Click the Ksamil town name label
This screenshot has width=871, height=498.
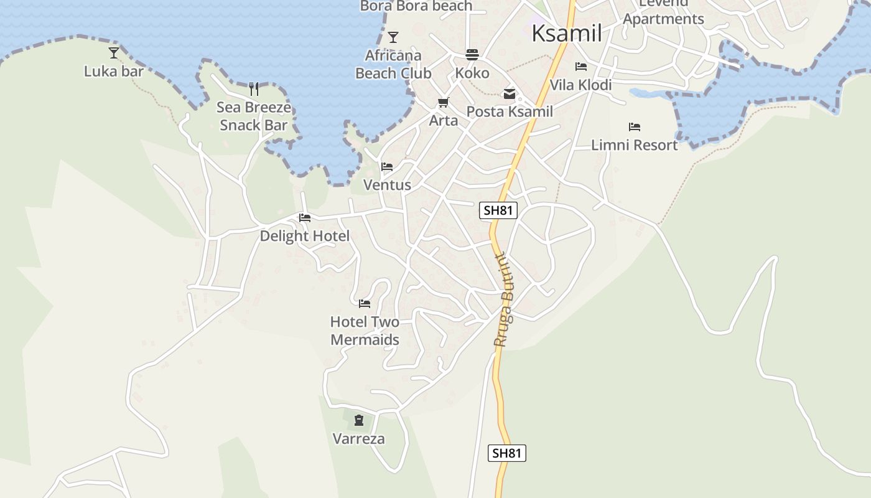pos(566,34)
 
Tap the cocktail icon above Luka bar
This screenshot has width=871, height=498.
pos(114,53)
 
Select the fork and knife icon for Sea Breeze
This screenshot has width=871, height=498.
pos(254,89)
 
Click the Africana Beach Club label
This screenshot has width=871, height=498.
pos(393,64)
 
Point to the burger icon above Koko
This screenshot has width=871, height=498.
pos(472,55)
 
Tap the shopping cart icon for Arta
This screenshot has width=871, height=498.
pos(443,103)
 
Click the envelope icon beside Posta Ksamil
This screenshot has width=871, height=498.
pos(510,95)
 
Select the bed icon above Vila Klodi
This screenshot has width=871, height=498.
pos(580,67)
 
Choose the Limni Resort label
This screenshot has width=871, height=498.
pos(634,145)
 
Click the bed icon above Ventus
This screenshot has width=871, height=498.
pos(387,167)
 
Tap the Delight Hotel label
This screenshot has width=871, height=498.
pos(304,236)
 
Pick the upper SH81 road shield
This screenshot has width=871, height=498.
pos(498,210)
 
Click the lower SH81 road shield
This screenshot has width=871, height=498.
pos(506,453)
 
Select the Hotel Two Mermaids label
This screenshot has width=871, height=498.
pos(365,331)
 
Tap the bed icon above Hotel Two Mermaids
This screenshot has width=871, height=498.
pos(365,304)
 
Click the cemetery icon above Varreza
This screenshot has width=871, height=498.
pos(359,420)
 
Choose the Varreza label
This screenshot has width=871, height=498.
pos(359,439)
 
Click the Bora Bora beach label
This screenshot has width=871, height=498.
pos(416,6)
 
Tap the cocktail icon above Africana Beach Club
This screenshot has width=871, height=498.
pos(393,37)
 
